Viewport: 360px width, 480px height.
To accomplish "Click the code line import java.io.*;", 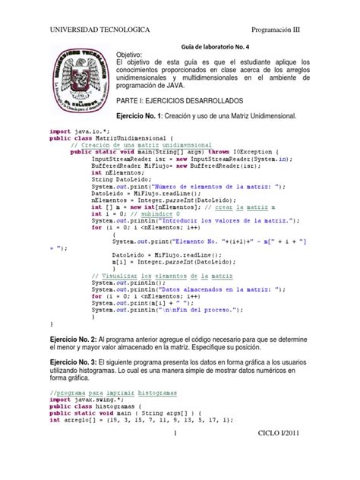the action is click(74, 131).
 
